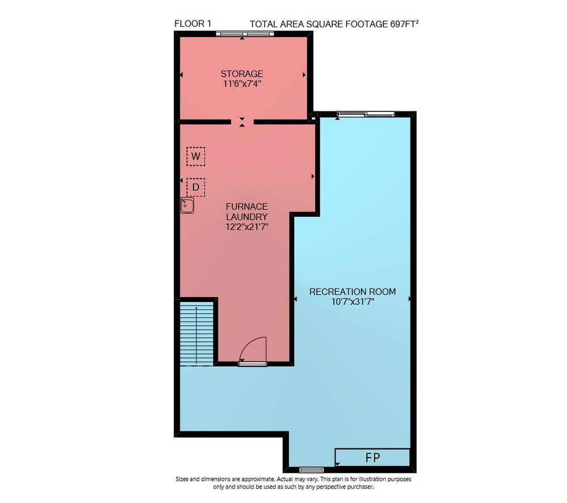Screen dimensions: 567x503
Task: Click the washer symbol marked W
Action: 196,156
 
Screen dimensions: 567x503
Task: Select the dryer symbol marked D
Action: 196,187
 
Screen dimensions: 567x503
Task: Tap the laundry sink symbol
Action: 187,205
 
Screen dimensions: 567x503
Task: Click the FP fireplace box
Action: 373,458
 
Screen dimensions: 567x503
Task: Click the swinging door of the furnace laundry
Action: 253,350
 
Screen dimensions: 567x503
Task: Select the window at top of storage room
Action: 245,34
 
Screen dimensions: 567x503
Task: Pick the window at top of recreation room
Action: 366,115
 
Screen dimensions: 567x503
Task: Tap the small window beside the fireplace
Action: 312,470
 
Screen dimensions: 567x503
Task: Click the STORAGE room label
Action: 242,74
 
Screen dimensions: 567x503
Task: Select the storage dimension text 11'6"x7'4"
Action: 242,84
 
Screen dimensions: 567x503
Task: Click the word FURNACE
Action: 247,207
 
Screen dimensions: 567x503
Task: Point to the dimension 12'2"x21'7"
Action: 247,227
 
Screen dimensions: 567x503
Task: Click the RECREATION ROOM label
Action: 353,292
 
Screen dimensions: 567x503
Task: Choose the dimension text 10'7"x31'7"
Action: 353,301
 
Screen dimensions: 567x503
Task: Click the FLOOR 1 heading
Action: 193,24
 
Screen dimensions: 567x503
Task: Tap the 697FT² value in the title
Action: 404,24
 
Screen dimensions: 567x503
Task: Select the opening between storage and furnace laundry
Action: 242,122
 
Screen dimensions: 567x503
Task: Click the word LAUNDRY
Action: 247,217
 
